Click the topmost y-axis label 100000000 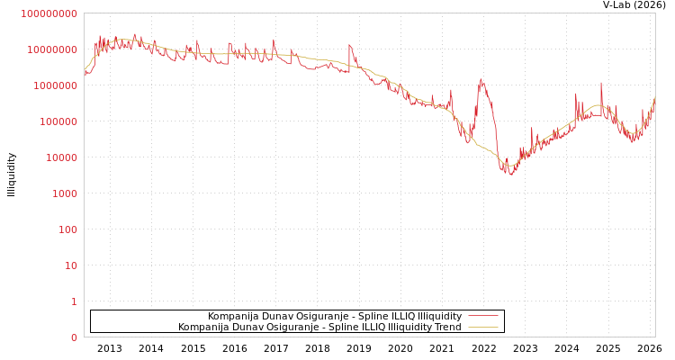pyautogui.click(x=49, y=13)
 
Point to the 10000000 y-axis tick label pyautogui.click(x=51, y=49)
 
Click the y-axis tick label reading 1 pyautogui.click(x=74, y=301)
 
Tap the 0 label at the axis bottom pyautogui.click(x=74, y=337)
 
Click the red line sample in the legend pyautogui.click(x=483, y=317)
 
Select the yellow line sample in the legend pyautogui.click(x=483, y=328)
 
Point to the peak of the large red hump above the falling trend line pyautogui.click(x=481, y=78)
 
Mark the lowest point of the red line pyautogui.click(x=510, y=174)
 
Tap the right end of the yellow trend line pyautogui.click(x=654, y=96)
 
